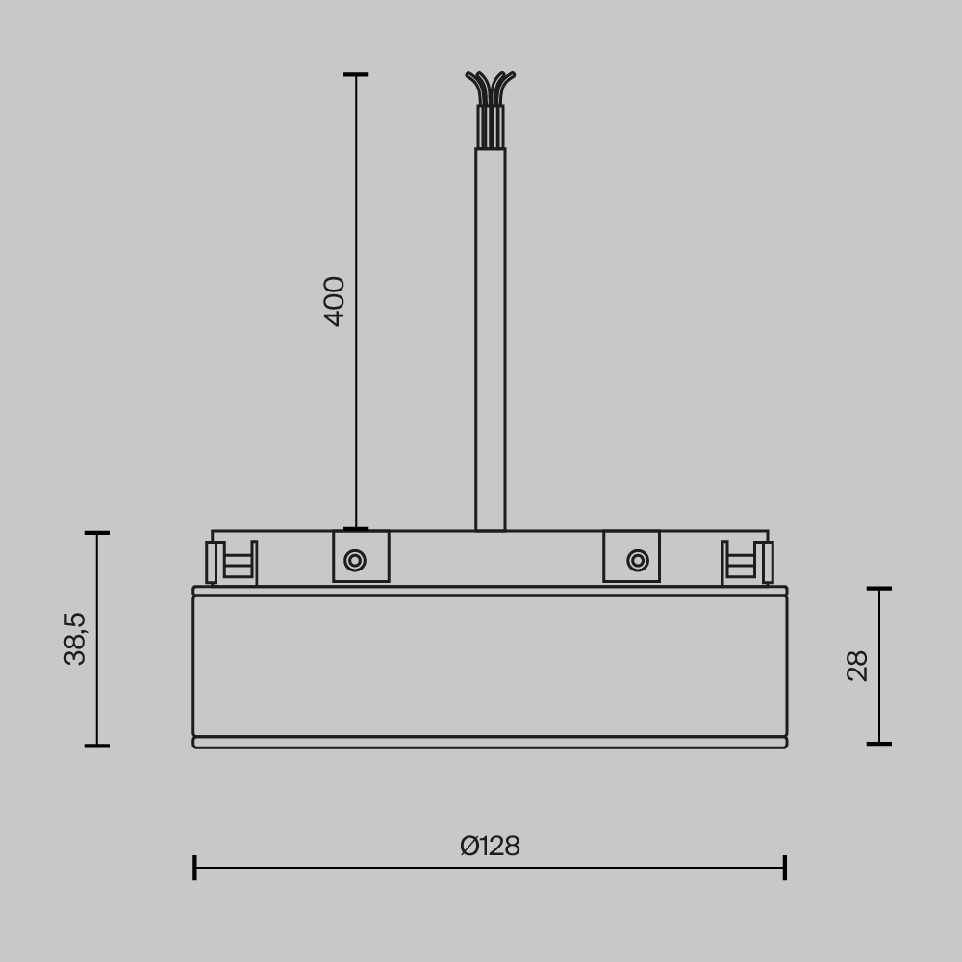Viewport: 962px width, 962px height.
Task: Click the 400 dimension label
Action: coord(334,301)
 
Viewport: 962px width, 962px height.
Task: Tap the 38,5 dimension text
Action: coord(75,638)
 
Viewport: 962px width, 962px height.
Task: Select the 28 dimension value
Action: coord(857,666)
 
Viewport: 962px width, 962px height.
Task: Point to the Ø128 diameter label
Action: coord(490,846)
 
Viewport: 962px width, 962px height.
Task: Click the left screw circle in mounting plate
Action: coord(355,560)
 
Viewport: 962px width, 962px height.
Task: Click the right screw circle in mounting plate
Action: coord(637,560)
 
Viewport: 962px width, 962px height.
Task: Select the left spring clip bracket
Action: coord(232,563)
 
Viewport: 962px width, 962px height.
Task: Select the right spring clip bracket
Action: coord(747,563)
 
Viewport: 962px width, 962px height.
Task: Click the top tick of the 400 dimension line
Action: coord(356,74)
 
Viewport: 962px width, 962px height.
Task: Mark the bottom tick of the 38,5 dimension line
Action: coord(97,745)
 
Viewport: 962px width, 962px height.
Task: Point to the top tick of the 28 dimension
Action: coord(879,588)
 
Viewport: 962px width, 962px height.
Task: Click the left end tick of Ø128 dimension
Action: coord(194,867)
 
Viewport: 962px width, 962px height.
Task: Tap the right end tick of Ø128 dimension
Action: coord(785,867)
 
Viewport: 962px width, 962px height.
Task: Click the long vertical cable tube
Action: coord(490,337)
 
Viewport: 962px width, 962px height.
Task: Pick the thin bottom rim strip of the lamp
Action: coord(490,742)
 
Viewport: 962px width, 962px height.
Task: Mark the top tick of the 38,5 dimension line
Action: coord(97,532)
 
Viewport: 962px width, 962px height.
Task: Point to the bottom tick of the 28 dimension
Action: coord(879,743)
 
